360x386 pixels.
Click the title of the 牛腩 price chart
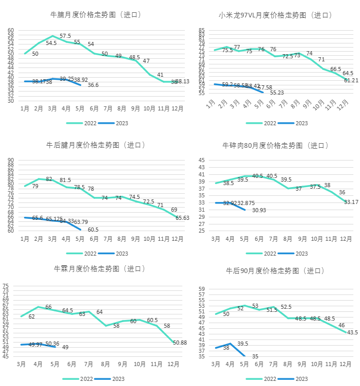pyautogui.click(x=95, y=15)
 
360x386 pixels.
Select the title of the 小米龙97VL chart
pyautogui.click(x=275, y=15)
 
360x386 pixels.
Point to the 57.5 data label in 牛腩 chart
pyautogui.click(x=65, y=36)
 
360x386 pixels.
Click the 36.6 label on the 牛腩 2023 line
pyautogui.click(x=93, y=85)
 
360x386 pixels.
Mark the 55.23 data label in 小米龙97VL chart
pyautogui.click(x=277, y=93)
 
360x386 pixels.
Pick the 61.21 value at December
pyautogui.click(x=351, y=80)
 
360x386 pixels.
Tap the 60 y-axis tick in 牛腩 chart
pyautogui.click(x=11, y=30)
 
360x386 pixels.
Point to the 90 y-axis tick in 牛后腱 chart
pyautogui.click(x=11, y=161)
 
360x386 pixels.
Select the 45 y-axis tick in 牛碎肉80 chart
pyautogui.click(x=201, y=161)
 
